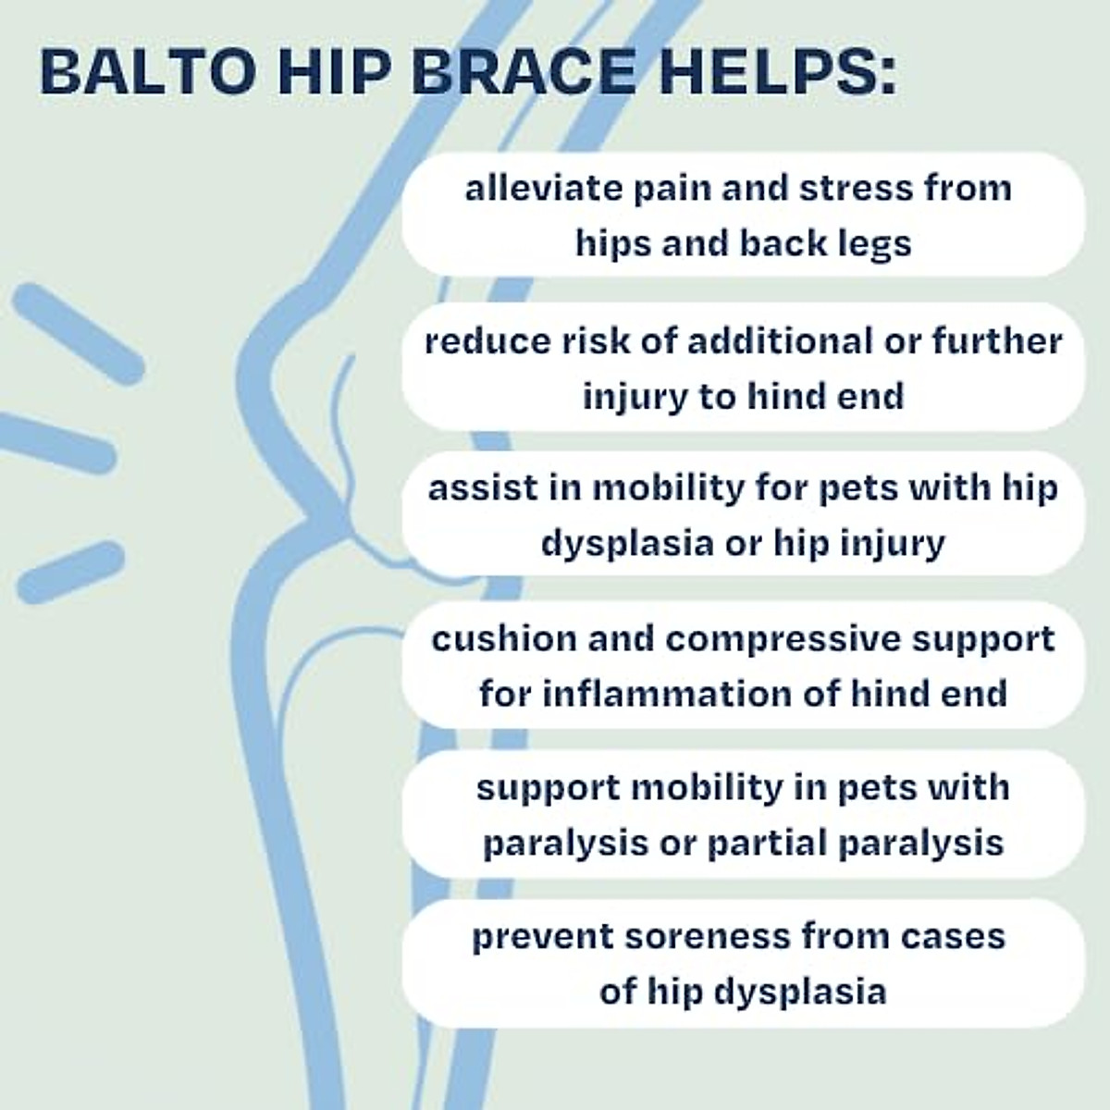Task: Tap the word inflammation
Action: point(665,694)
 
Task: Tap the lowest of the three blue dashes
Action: point(70,572)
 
